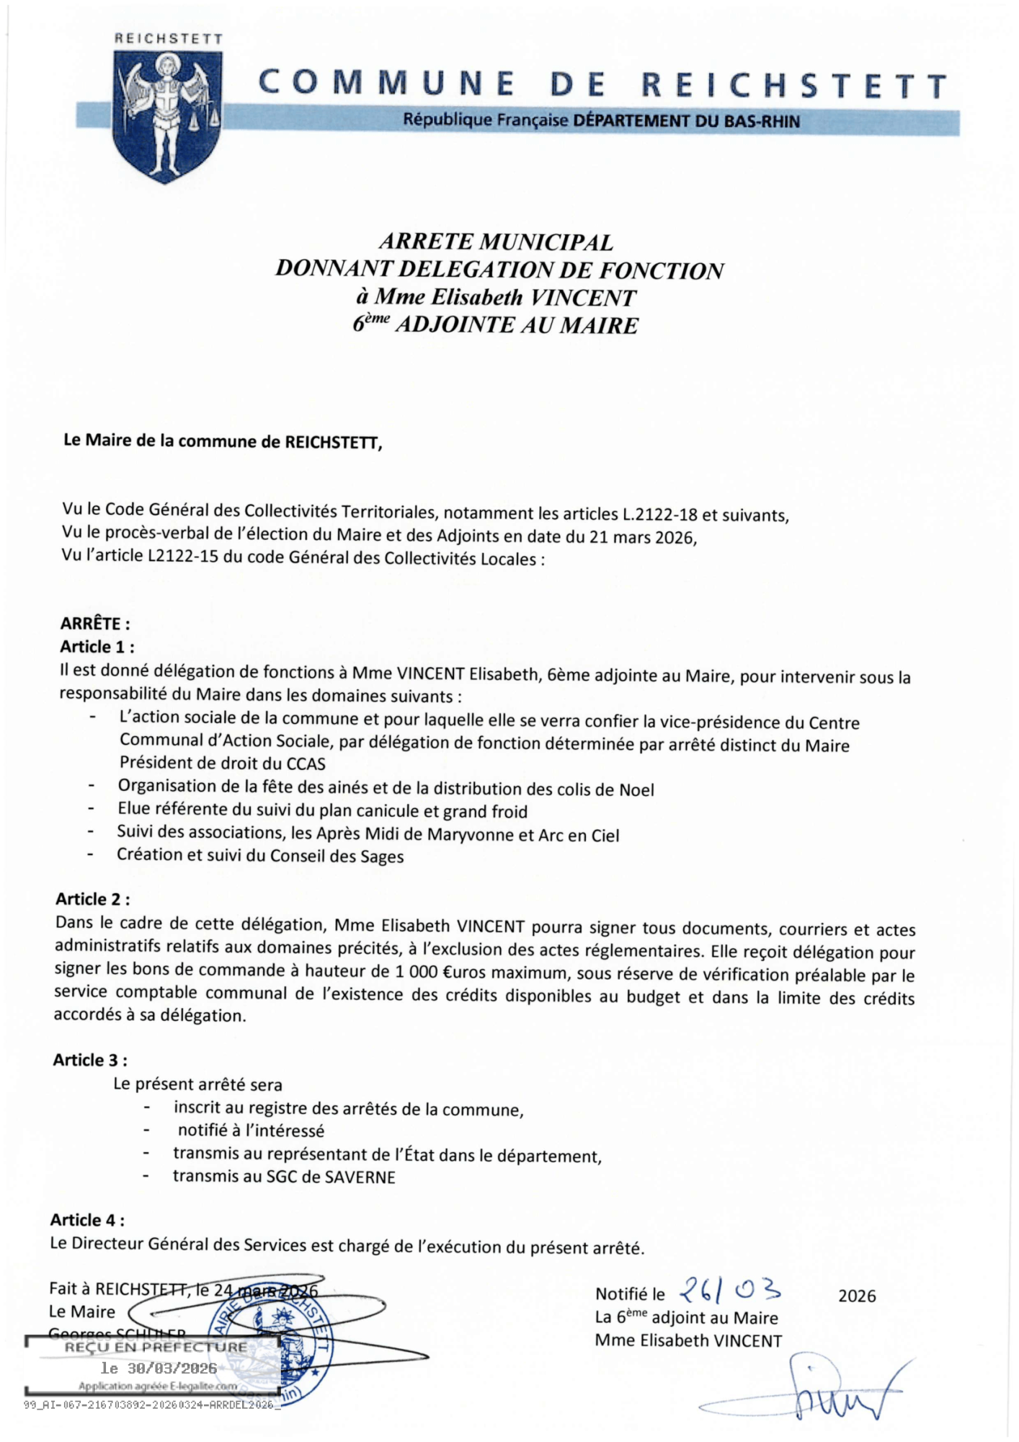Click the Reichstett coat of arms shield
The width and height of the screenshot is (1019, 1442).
point(167,115)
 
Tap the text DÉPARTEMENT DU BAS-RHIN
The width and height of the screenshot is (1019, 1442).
point(686,121)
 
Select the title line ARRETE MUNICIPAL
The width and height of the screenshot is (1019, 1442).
point(496,242)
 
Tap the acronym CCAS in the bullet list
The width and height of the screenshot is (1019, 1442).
point(306,764)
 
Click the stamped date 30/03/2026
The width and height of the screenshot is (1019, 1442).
point(159,1368)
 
